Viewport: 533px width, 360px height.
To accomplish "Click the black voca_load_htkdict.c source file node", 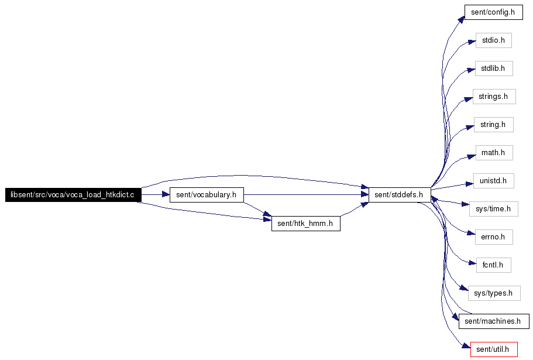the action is pyautogui.click(x=73, y=195).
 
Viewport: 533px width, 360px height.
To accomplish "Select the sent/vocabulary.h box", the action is pyautogui.click(x=207, y=195).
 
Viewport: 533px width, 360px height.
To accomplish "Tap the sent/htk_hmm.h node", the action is pyautogui.click(x=305, y=224).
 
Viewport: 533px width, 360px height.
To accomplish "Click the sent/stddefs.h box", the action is pyautogui.click(x=400, y=195).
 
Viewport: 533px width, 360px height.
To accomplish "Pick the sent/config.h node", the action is pyautogui.click(x=494, y=12).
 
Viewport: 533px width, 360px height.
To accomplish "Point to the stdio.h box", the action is pyautogui.click(x=494, y=40).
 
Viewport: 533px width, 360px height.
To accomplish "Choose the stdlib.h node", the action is pyautogui.click(x=494, y=68).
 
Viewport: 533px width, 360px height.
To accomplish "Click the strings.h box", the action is pyautogui.click(x=494, y=97).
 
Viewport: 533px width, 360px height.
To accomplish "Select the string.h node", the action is pyautogui.click(x=494, y=125).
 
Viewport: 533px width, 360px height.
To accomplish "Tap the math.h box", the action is pyautogui.click(x=494, y=153).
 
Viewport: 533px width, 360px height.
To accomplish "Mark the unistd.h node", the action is pyautogui.click(x=494, y=181).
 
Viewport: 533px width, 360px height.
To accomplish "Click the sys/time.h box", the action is pyautogui.click(x=494, y=209).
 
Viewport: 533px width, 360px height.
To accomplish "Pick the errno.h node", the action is pyautogui.click(x=494, y=237).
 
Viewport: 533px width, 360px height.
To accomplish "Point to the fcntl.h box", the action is pyautogui.click(x=493, y=265).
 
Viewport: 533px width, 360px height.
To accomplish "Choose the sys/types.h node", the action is pyautogui.click(x=494, y=293).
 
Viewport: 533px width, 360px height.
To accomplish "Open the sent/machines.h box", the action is pyautogui.click(x=494, y=321).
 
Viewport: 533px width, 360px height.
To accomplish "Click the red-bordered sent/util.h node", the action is pyautogui.click(x=494, y=349).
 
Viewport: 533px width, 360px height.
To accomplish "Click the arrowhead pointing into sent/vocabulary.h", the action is pyautogui.click(x=166, y=195).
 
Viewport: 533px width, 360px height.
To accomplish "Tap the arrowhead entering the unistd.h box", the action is pyautogui.click(x=470, y=184).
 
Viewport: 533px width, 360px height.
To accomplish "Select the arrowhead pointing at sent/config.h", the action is pyautogui.click(x=461, y=20).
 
